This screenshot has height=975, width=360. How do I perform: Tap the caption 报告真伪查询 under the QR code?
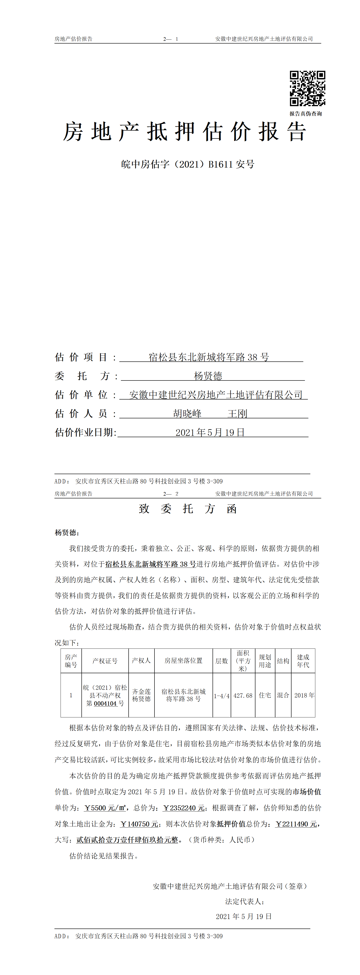tap(306, 114)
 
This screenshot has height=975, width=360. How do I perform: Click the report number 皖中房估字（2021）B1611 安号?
tap(188, 164)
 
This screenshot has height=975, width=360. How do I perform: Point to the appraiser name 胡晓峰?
tap(187, 414)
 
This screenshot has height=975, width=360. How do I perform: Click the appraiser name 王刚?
tap(237, 414)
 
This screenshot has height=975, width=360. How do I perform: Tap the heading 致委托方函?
tap(188, 509)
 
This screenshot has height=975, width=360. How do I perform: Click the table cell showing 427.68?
tap(243, 695)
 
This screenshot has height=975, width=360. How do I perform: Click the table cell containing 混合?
tap(283, 695)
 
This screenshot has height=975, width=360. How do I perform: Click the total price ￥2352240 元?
tap(184, 808)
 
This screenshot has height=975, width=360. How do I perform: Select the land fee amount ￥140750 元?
tap(139, 824)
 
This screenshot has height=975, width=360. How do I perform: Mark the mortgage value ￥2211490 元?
tap(296, 824)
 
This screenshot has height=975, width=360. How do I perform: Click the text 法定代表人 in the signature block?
tap(244, 902)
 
